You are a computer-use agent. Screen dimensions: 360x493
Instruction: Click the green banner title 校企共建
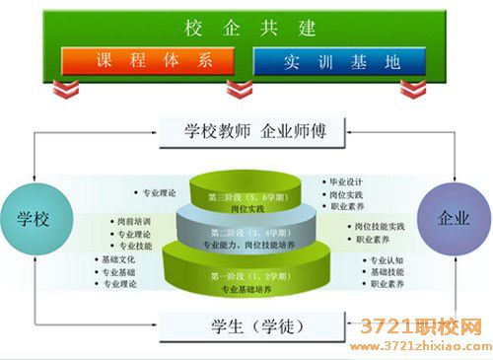(x=246, y=26)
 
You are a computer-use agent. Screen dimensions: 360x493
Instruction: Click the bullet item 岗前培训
(x=134, y=222)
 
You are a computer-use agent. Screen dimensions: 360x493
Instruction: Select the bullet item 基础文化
(x=119, y=259)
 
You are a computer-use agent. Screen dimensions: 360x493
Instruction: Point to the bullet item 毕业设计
(x=350, y=182)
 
